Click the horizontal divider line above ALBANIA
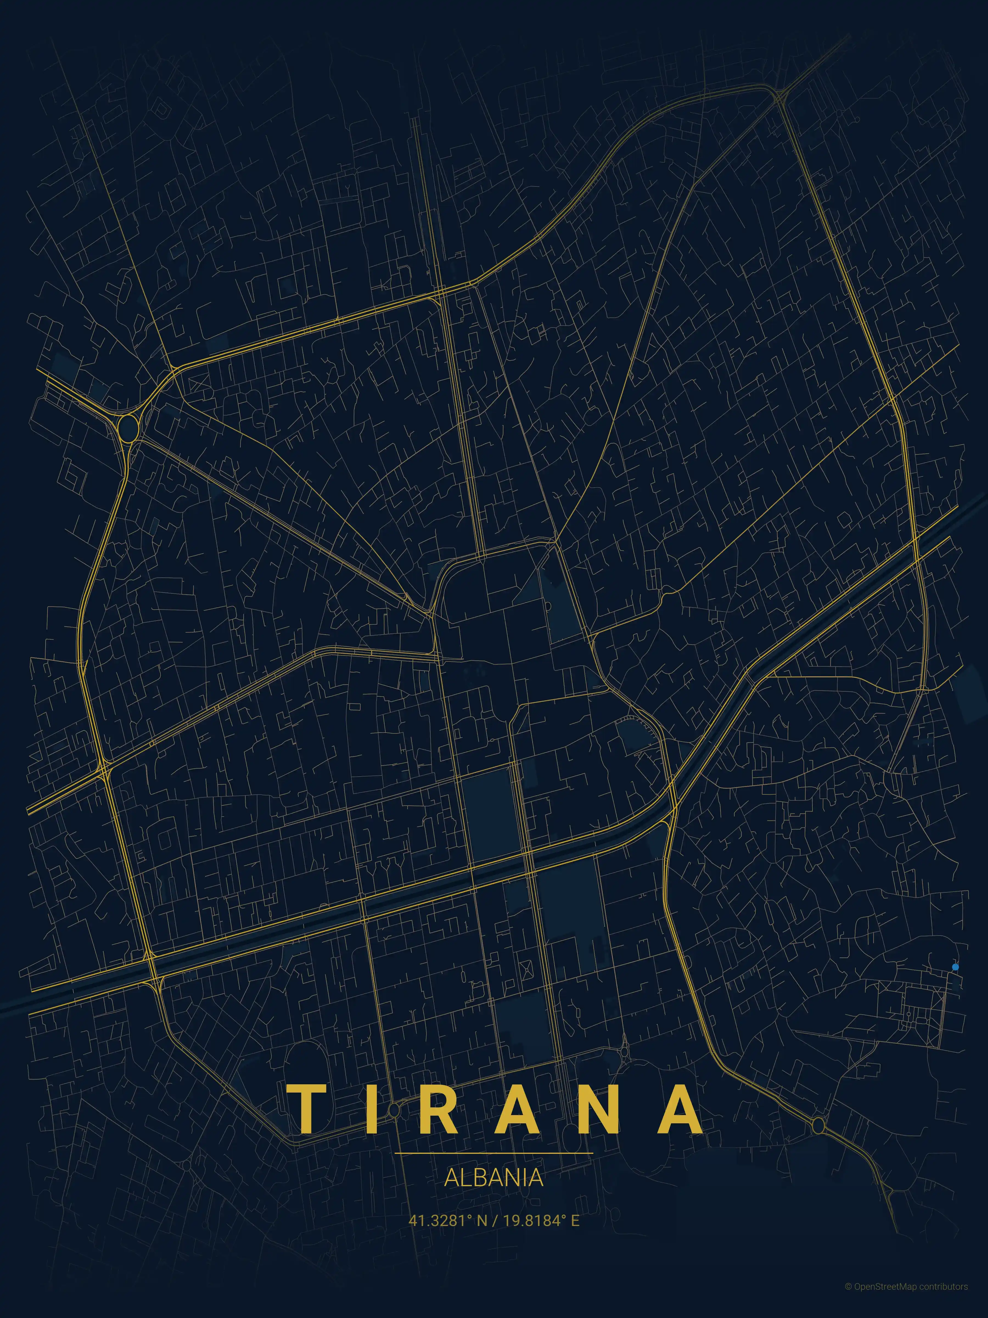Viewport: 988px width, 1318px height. click(494, 1154)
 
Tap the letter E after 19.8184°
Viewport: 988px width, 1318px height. click(575, 1221)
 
